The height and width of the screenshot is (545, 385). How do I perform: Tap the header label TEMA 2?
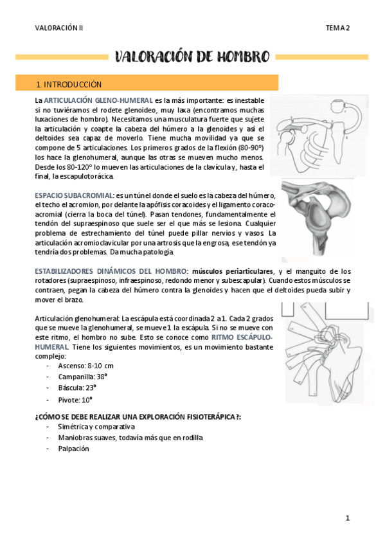click(337, 28)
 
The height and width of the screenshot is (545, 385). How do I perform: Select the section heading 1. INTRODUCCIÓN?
click(69, 84)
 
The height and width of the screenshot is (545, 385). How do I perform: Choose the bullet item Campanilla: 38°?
click(82, 377)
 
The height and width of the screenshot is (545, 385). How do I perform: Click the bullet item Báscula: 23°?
click(76, 388)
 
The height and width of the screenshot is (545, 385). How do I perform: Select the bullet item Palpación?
click(73, 449)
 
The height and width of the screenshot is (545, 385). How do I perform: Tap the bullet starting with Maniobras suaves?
click(130, 438)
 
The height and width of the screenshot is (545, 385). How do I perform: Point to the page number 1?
click(347, 517)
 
